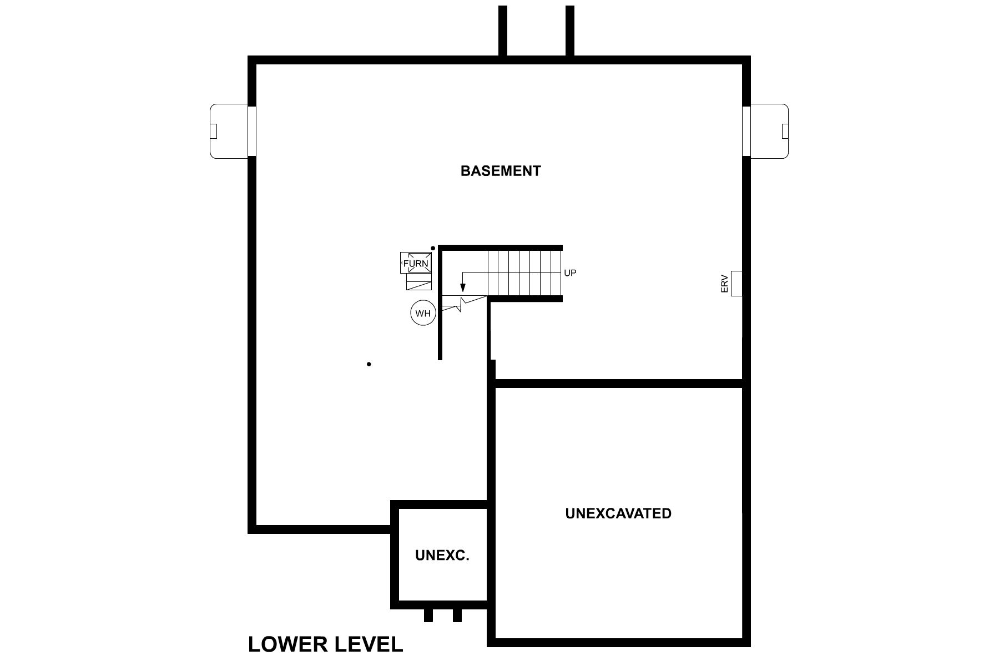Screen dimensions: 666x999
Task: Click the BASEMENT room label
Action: tap(501, 171)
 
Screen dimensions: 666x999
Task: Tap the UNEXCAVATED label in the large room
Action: tap(618, 513)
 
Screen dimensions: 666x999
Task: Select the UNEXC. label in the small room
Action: tap(442, 555)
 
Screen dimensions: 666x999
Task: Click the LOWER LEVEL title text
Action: tap(325, 644)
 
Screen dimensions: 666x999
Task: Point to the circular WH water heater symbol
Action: tap(423, 314)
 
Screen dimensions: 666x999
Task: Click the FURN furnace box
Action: tap(416, 263)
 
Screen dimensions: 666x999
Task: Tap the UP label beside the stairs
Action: tap(570, 273)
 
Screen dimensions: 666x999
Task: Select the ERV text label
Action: tap(724, 284)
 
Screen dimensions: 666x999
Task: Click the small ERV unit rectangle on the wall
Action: tap(736, 283)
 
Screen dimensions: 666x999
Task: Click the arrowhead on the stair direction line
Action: tap(462, 288)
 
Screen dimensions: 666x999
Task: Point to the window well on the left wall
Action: tap(229, 132)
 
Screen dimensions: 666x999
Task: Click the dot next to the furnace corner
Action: tap(433, 248)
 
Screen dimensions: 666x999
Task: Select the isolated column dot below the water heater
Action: tap(369, 364)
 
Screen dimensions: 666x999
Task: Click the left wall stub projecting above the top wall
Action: tap(503, 31)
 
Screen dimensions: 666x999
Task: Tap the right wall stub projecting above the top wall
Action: tap(569, 31)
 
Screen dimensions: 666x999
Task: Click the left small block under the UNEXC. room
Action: tap(428, 615)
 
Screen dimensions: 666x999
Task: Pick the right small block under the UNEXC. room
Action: tap(457, 615)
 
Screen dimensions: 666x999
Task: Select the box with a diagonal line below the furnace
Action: tap(419, 282)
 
